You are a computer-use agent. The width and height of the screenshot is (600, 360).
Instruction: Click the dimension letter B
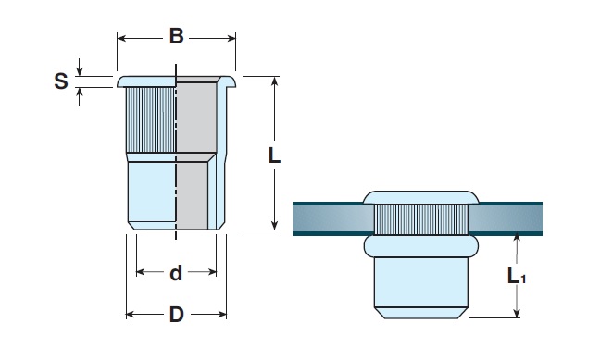pyautogui.click(x=177, y=36)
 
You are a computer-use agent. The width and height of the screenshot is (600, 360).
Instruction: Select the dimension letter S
pyautogui.click(x=61, y=81)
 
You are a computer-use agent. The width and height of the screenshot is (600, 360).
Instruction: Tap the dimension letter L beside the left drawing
pyautogui.click(x=274, y=155)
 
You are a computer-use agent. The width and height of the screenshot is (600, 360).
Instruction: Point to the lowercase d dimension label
pyautogui.click(x=176, y=273)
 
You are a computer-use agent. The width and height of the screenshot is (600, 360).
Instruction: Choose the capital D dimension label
pyautogui.click(x=177, y=315)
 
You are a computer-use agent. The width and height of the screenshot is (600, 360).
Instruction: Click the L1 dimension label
pyautogui.click(x=516, y=276)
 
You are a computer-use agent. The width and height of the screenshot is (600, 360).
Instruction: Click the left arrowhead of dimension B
pyautogui.click(x=121, y=38)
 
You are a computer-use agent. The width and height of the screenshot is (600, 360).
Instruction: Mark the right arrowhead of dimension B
pyautogui.click(x=231, y=38)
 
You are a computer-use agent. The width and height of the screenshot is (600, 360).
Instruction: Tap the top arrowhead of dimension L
pyautogui.click(x=274, y=81)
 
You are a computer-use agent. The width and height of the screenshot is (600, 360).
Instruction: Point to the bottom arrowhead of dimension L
pyautogui.click(x=274, y=225)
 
